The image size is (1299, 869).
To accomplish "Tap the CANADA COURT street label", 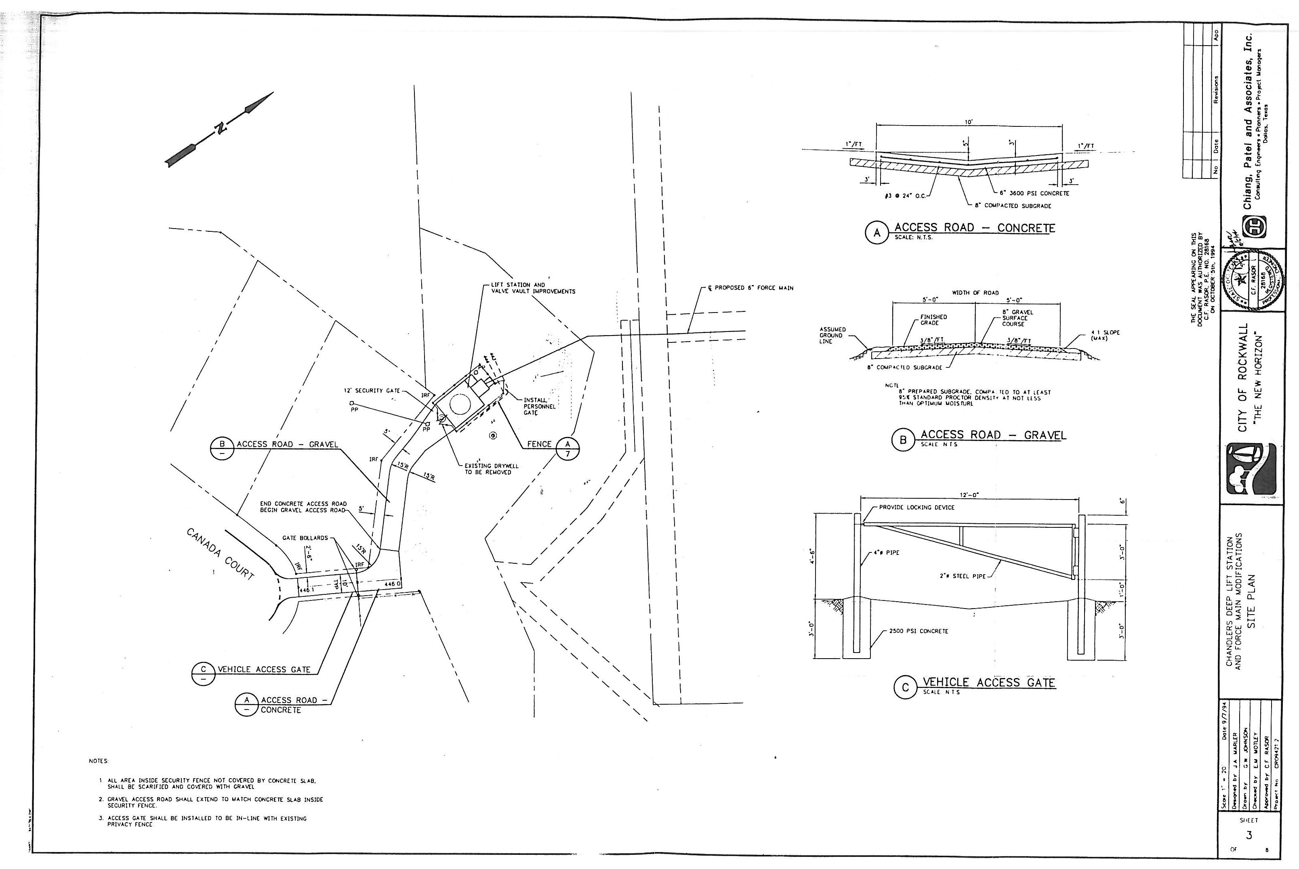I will click(220, 554).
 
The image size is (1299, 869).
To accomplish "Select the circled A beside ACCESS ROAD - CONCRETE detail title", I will click(877, 233).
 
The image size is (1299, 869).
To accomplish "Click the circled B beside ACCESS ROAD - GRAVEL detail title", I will click(903, 440).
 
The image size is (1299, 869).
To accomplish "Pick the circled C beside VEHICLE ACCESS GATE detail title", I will click(905, 688).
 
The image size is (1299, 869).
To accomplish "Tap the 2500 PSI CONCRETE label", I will click(918, 631).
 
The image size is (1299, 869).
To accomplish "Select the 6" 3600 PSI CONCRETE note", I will click(1034, 193).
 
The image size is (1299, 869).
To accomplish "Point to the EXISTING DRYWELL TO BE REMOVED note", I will click(488, 469).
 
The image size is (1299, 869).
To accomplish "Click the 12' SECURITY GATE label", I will click(371, 391).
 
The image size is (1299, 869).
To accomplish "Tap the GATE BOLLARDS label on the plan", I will click(305, 537).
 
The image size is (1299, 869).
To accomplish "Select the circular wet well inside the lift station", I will click(459, 404).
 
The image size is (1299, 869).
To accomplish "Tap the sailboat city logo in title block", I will click(1251, 468).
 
